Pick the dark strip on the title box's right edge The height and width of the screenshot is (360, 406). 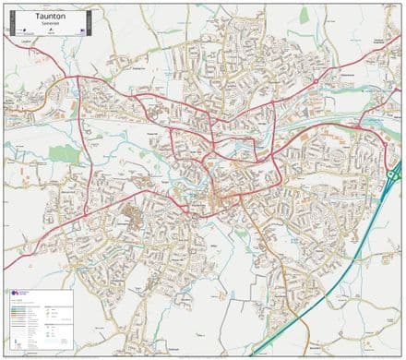96,22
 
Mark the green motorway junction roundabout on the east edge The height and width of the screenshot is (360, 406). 395,173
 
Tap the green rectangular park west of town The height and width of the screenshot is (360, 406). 65,153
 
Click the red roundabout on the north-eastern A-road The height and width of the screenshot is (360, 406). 316,81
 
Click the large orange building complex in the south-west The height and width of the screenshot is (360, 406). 131,220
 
